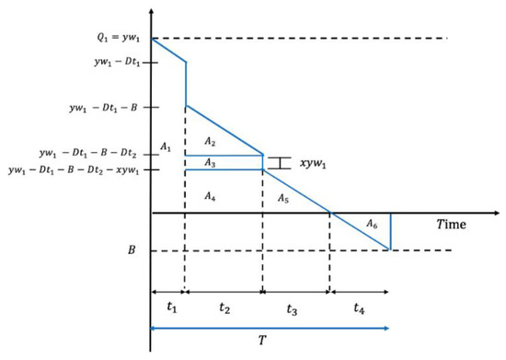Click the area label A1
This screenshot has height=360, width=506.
point(167,146)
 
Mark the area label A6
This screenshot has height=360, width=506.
point(370,225)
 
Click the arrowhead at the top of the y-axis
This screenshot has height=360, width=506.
point(150,7)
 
